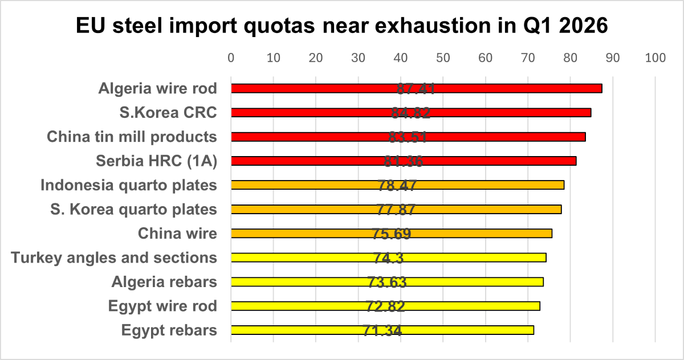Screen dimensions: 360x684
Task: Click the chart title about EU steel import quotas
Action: [x=342, y=26]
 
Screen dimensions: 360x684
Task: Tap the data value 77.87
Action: [x=396, y=210]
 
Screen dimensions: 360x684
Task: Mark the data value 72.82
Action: [x=386, y=306]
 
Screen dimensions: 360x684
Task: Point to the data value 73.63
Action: [x=387, y=282]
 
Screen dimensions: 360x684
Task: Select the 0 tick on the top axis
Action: [x=231, y=58]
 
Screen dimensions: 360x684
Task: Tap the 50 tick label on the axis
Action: [x=443, y=58]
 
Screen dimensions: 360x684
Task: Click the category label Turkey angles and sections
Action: [x=114, y=257]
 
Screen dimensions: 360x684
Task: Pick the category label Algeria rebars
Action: [x=164, y=282]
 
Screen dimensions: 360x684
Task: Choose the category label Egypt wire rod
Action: [x=162, y=306]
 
